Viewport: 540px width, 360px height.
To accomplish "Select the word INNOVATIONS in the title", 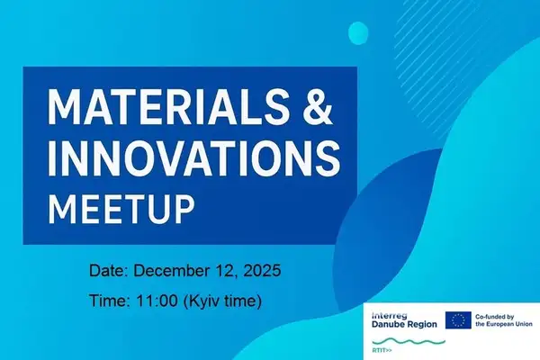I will point(193,160).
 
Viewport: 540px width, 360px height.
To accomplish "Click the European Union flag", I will point(457,319).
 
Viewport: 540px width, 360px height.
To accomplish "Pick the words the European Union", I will point(503,324).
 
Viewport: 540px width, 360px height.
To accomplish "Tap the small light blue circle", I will point(357,33).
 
